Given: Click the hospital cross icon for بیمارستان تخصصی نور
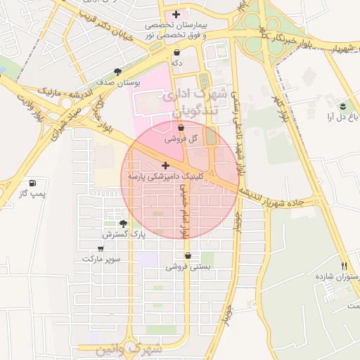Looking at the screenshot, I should click(176, 14).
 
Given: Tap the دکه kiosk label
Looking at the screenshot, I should click(176, 63).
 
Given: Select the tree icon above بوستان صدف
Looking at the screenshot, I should click(118, 72).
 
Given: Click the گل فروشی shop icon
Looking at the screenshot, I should click(181, 128).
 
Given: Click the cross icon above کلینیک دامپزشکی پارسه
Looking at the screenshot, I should click(165, 166).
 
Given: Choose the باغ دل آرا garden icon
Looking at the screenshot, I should click(342, 106).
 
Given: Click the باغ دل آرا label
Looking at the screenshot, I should click(337, 117).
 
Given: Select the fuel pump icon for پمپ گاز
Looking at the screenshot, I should click(32, 183).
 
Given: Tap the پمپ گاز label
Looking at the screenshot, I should click(32, 193).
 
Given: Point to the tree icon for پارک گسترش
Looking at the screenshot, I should click(124, 224).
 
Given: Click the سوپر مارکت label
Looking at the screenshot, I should click(101, 259).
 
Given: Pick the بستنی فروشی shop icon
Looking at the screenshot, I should click(188, 256).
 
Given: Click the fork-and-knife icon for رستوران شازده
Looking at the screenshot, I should click(344, 266).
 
